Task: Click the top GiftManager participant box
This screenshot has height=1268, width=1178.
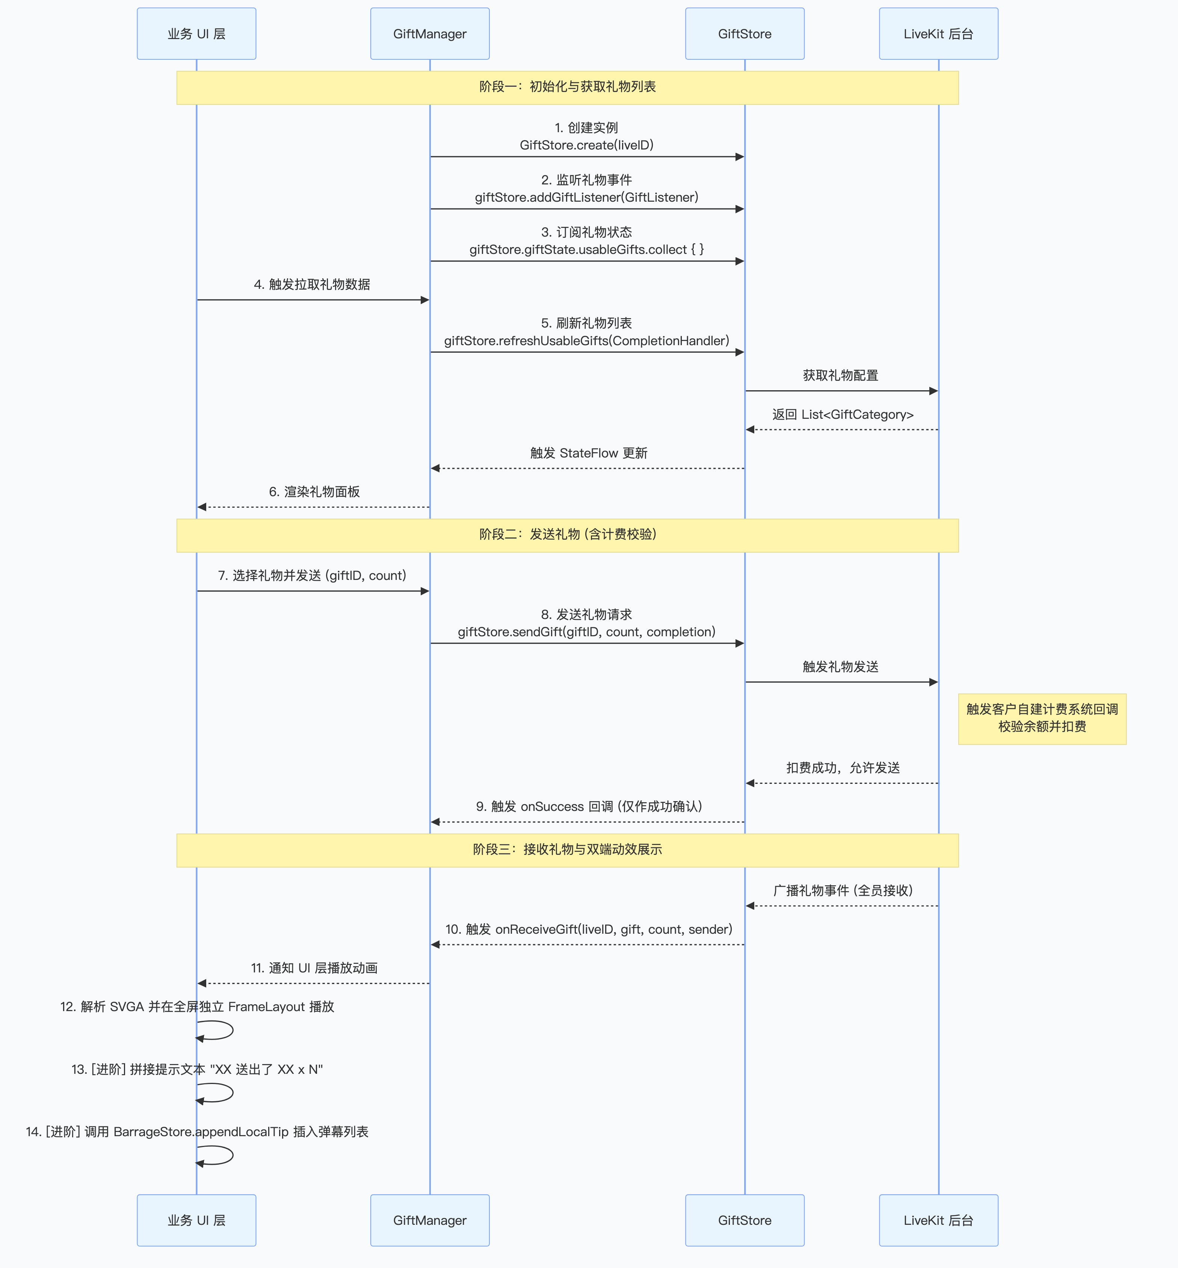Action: tap(430, 34)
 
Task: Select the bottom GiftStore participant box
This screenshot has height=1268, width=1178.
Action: tap(745, 1220)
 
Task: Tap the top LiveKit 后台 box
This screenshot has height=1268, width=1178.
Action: tap(938, 34)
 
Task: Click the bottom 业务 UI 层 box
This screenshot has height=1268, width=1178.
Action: tap(196, 1220)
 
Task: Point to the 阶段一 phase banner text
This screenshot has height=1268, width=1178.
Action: tap(567, 87)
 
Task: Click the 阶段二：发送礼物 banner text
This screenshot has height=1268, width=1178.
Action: tap(567, 534)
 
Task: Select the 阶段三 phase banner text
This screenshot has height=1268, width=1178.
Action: tap(567, 849)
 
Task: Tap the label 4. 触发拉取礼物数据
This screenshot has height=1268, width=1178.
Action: tap(312, 284)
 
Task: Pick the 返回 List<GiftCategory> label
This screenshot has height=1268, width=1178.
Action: tap(843, 414)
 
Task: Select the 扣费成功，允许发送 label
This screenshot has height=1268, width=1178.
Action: tap(843, 768)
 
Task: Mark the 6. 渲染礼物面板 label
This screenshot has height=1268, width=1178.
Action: tap(314, 492)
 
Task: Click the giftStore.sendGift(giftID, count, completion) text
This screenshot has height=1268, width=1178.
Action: tap(586, 632)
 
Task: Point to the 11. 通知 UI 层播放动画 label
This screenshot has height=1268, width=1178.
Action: tap(314, 968)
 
